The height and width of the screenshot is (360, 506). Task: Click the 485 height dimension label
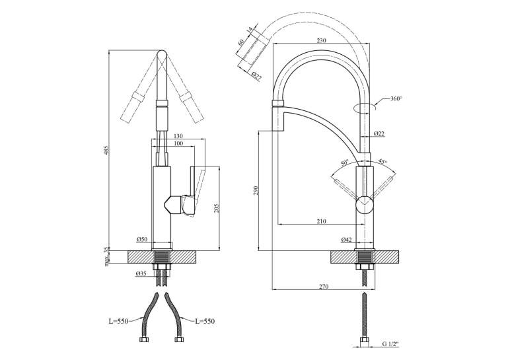coord(107,150)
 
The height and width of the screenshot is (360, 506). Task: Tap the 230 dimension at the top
coord(322,41)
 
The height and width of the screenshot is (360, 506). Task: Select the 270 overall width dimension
coord(324,287)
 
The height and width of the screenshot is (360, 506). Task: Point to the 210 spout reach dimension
coord(322,221)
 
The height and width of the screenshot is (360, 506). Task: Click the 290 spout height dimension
coord(255,190)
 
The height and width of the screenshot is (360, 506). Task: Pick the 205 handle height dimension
coord(217,208)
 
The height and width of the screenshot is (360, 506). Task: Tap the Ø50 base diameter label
coord(141,239)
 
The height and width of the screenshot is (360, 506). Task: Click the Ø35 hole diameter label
coord(141,273)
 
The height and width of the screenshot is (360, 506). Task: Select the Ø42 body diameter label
coord(346,240)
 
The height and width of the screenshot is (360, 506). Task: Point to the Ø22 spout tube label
coord(379,133)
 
